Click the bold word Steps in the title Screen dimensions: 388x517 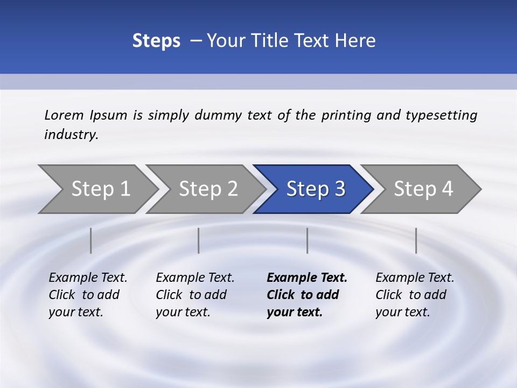tap(156, 41)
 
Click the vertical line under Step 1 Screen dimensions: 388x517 tap(91, 240)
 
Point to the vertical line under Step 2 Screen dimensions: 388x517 tap(199, 240)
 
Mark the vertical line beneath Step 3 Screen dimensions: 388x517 tap(308, 240)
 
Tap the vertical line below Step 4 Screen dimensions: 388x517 tap(416, 240)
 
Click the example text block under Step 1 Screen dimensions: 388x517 tap(88, 295)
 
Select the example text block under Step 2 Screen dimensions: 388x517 tap(195, 295)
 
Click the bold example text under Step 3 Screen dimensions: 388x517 tap(306, 295)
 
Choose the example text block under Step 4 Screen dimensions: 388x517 tap(415, 295)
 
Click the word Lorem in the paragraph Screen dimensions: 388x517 tap(64, 115)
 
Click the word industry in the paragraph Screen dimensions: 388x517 tap(71, 135)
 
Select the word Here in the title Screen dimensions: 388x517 tap(355, 41)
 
